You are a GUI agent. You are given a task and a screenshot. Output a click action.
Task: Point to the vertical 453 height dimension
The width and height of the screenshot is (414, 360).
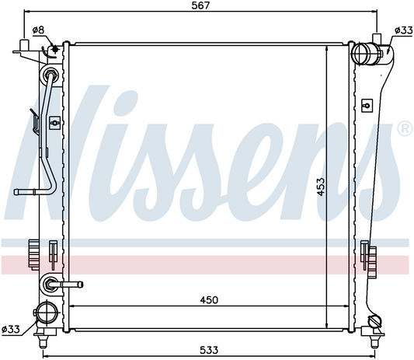[320, 187]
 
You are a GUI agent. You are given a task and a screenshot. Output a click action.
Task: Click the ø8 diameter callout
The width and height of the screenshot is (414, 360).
[38, 30]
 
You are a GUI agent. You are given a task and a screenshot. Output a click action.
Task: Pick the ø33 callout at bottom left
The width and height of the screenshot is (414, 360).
[12, 329]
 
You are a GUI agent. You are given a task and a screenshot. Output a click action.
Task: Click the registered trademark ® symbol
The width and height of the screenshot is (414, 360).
[404, 128]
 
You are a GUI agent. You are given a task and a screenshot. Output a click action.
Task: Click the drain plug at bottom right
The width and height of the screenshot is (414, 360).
[377, 320]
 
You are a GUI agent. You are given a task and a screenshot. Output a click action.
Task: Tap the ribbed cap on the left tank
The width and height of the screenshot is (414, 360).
[33, 252]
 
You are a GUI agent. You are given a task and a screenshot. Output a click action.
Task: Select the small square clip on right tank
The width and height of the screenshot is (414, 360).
[367, 101]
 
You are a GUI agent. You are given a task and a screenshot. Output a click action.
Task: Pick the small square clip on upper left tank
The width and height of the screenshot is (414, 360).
[53, 122]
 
